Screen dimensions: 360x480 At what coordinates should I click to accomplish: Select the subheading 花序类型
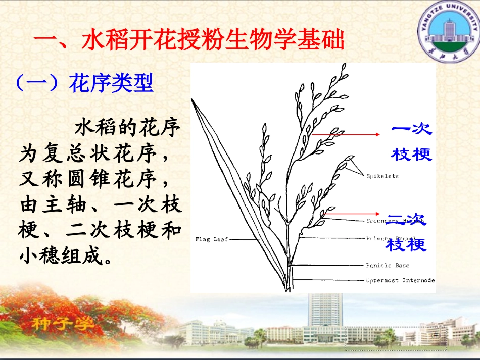tap(111, 83)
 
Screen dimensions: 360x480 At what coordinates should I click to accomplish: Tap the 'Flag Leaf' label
tap(212, 239)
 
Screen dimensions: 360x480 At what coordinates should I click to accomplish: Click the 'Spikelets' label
tap(382, 176)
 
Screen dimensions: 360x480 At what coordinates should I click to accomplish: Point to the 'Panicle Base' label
tap(388, 265)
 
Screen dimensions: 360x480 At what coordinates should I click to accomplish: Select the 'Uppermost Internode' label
tap(400, 280)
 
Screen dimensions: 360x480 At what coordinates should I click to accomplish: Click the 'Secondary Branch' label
tap(390, 221)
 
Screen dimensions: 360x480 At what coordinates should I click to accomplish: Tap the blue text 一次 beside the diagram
tap(412, 129)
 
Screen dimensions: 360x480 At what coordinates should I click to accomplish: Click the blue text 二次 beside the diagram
tap(407, 220)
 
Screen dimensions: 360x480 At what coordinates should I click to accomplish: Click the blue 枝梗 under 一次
tap(412, 154)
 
